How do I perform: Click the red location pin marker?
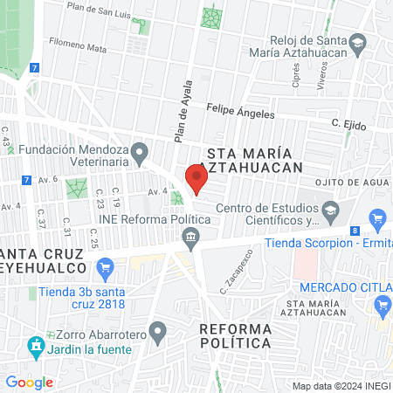point(196,179)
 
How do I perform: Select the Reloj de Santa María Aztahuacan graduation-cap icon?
point(357,43)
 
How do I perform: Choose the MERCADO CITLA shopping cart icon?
point(382,305)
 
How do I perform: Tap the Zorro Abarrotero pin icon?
point(157,331)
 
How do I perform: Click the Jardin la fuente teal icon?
point(36,347)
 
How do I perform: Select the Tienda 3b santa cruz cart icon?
point(106,266)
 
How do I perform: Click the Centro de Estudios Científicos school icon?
point(330,210)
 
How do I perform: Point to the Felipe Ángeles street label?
point(240,113)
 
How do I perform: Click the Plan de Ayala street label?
point(183,118)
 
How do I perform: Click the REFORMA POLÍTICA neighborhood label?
point(235,335)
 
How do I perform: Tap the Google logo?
point(30,382)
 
